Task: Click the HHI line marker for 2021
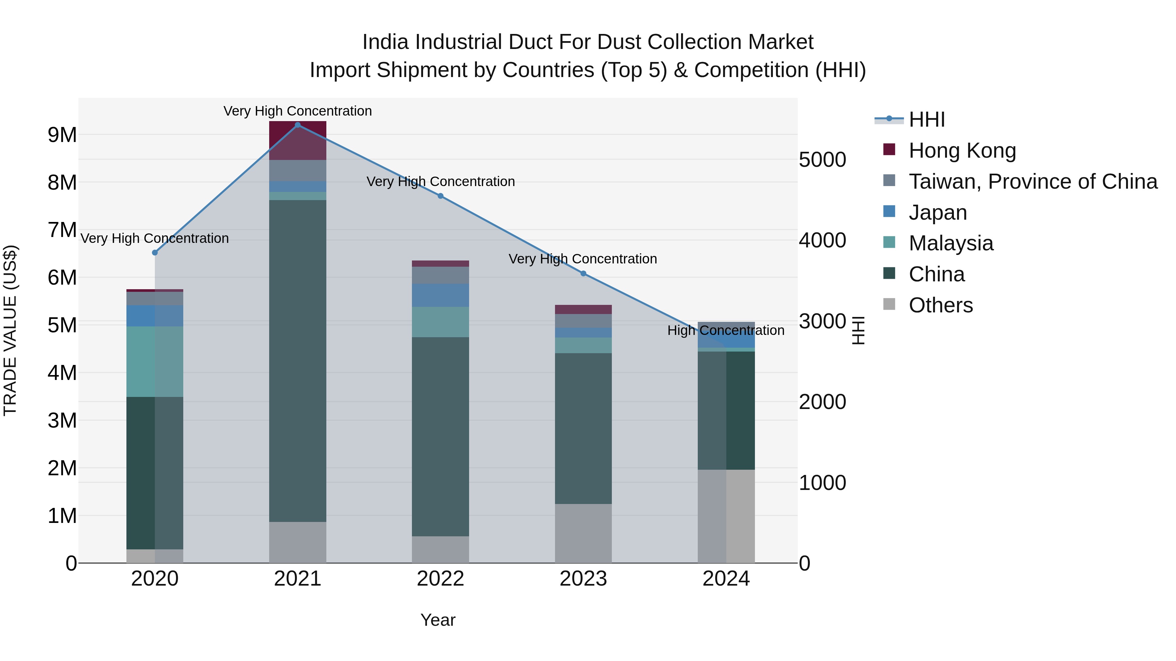(298, 125)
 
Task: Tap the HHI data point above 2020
(155, 253)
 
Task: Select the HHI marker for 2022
(441, 196)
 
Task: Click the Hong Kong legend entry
(962, 150)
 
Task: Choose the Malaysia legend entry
(951, 243)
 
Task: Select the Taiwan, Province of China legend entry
(1033, 181)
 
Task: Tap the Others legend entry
(940, 305)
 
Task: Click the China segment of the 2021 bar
(298, 360)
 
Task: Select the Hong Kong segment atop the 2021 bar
(298, 140)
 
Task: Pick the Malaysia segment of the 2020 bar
(155, 361)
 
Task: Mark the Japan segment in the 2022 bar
(441, 295)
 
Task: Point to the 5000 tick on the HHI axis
(822, 160)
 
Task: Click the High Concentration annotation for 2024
(726, 330)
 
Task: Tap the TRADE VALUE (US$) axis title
(10, 330)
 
